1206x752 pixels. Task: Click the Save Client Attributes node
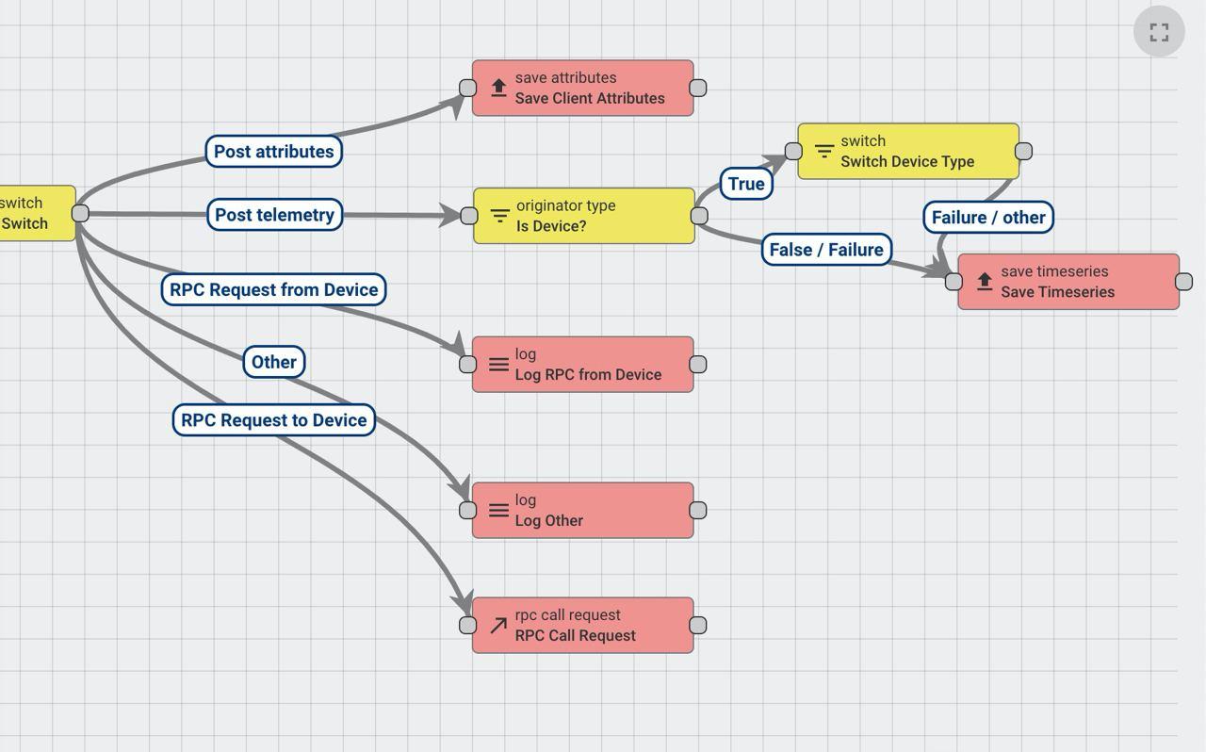click(x=589, y=89)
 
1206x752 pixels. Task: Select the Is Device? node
click(x=589, y=216)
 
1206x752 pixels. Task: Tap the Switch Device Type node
click(x=914, y=152)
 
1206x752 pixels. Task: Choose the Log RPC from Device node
click(x=589, y=365)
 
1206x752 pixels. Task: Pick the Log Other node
click(x=589, y=511)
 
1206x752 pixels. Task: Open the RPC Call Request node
click(x=589, y=626)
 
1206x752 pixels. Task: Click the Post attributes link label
click(x=273, y=152)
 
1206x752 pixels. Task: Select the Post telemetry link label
click(x=274, y=215)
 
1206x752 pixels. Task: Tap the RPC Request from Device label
click(x=273, y=289)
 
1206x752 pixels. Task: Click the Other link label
click(x=274, y=362)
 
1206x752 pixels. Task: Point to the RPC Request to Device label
click(x=273, y=420)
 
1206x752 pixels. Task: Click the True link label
click(x=746, y=184)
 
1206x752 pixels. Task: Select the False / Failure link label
click(x=826, y=250)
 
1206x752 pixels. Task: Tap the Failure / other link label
click(x=988, y=218)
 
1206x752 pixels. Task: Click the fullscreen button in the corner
click(x=1159, y=32)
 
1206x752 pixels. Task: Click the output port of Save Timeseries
click(x=1184, y=282)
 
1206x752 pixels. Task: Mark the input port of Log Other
click(x=468, y=511)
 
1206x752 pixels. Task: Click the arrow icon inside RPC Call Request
click(x=498, y=626)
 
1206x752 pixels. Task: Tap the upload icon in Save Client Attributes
click(x=499, y=89)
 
